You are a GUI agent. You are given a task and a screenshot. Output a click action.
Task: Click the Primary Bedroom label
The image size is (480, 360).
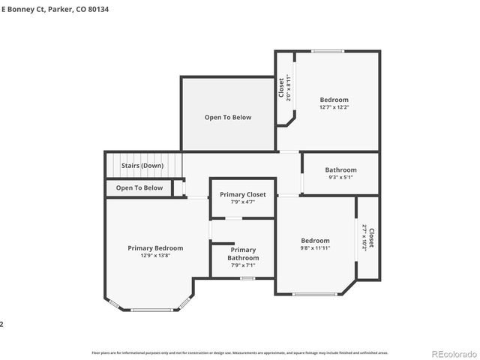click(155, 248)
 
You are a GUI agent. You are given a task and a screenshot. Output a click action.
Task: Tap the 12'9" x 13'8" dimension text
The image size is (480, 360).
click(155, 256)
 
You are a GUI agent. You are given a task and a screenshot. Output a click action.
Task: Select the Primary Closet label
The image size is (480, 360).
click(242, 195)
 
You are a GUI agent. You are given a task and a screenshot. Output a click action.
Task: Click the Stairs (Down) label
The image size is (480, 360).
click(142, 166)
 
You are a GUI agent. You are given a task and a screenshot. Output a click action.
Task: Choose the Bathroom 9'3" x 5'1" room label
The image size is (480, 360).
click(330, 170)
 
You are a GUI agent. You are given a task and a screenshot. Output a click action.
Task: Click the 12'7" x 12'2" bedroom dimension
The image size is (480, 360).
click(334, 107)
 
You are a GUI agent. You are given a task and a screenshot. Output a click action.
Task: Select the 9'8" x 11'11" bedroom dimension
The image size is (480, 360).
click(315, 248)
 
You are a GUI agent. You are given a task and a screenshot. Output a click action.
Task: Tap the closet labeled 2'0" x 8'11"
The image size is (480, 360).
click(285, 88)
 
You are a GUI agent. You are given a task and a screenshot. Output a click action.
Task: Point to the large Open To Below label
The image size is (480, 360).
click(228, 118)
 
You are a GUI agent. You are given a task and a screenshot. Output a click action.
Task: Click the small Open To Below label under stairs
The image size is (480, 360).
click(139, 188)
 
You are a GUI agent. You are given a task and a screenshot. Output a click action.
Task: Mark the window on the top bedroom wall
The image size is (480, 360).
click(328, 51)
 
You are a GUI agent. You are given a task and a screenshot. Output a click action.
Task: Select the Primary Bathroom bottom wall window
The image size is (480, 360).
click(247, 278)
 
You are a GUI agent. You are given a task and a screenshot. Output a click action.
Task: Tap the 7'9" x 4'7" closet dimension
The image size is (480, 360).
click(242, 202)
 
